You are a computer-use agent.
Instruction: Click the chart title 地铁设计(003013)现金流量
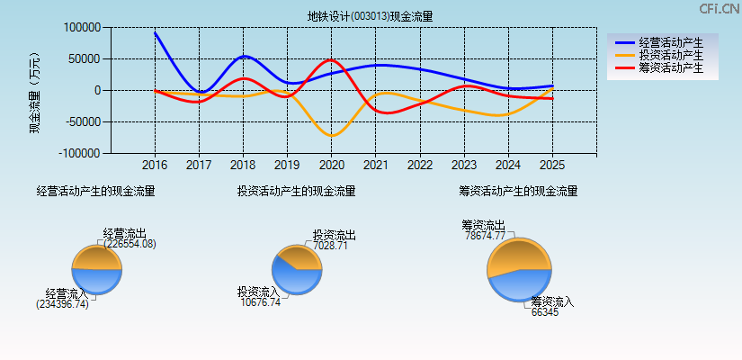coord(371,15)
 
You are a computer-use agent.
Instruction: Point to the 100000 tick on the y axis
coord(82,28)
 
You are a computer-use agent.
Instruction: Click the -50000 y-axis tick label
coord(80,122)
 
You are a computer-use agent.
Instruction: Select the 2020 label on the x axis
coord(332,166)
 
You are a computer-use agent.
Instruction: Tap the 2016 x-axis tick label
coord(155,166)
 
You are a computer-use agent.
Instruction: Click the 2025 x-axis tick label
coord(552,166)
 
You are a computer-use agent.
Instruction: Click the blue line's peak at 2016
coord(155,32)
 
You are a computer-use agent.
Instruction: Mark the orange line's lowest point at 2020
coord(332,136)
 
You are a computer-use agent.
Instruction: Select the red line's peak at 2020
coord(330,60)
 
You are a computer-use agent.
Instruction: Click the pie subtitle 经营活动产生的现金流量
coord(95,191)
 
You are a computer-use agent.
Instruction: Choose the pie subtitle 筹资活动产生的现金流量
coord(518,191)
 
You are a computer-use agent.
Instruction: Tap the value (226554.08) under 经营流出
coord(130,244)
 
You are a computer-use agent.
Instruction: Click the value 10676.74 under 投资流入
coord(261,302)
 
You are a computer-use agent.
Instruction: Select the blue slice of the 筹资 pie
coord(517,287)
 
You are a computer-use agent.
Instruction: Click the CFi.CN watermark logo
coord(720,9)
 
